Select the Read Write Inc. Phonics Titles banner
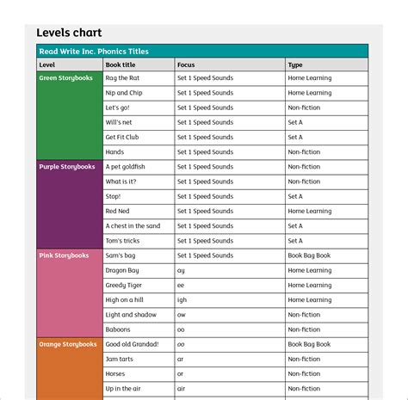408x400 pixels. [94, 52]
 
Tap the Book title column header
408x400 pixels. [121, 65]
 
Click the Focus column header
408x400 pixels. [186, 65]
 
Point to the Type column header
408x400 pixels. [295, 65]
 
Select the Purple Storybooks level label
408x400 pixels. [66, 167]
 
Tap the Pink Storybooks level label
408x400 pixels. [64, 255]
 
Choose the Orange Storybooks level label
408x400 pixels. [67, 344]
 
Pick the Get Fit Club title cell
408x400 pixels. [122, 138]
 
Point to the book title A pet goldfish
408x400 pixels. [126, 167]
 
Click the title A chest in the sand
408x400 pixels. [133, 226]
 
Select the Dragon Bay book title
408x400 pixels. [122, 270]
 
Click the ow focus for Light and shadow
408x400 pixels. [181, 315]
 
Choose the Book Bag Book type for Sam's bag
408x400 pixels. [309, 255]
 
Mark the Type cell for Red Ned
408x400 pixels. [309, 212]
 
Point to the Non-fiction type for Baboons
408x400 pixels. [304, 329]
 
